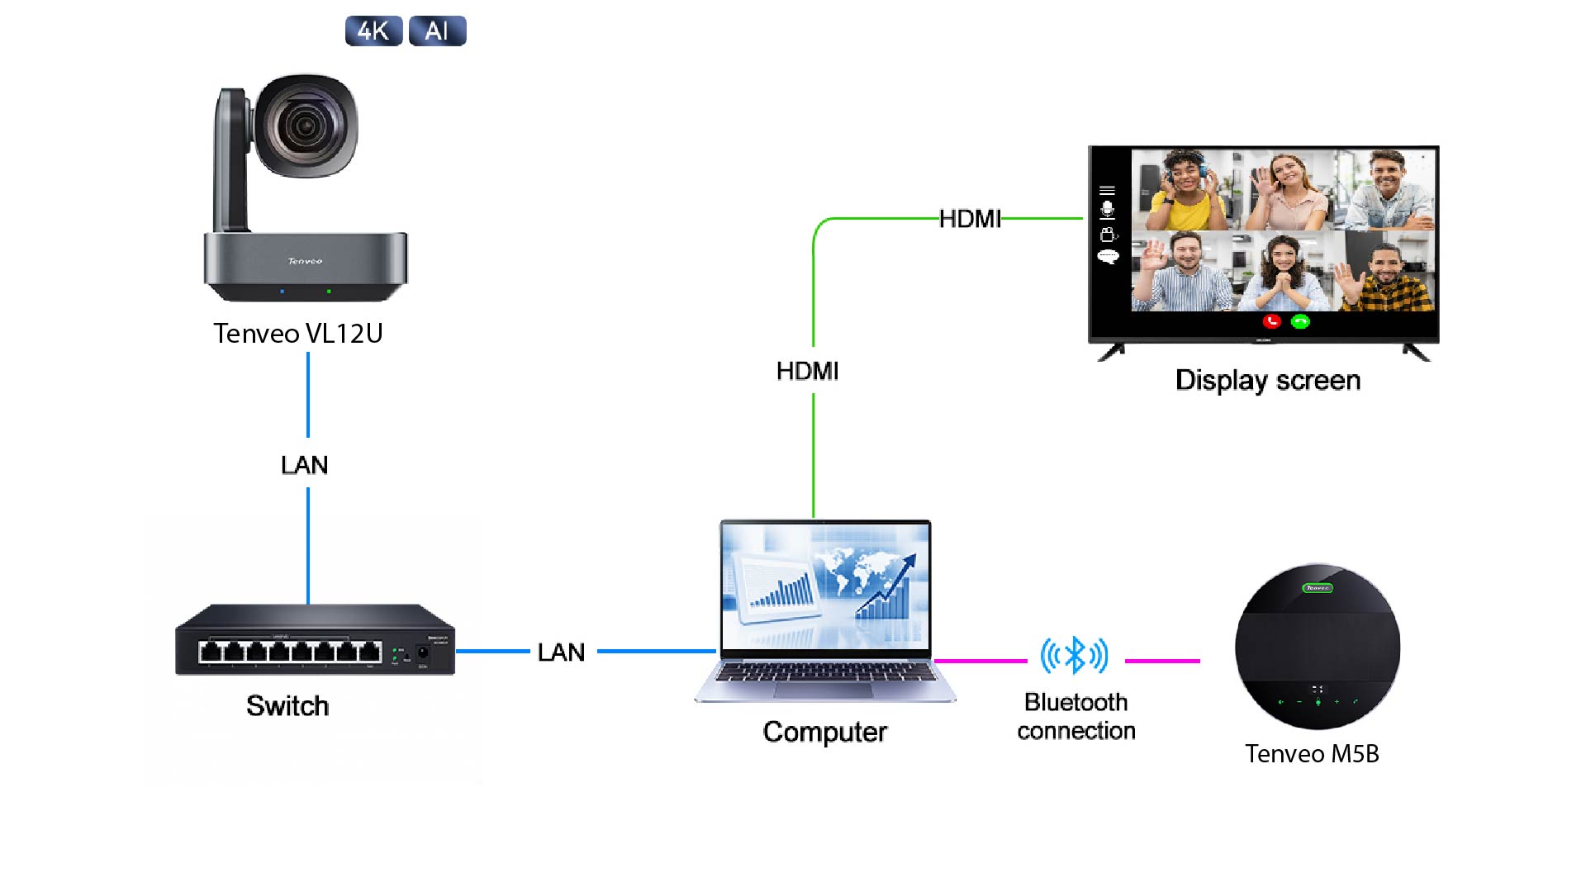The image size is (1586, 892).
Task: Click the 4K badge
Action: [373, 31]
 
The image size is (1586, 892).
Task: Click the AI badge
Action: [437, 31]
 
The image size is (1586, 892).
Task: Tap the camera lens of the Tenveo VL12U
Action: [306, 126]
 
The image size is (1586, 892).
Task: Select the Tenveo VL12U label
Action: [298, 333]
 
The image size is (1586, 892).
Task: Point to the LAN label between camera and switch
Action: [305, 465]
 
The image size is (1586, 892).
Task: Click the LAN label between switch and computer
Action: [562, 652]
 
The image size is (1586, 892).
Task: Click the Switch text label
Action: [287, 706]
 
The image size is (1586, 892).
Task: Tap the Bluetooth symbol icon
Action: [1074, 656]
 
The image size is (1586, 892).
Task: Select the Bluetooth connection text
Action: [1076, 716]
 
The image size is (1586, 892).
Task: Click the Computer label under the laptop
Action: [824, 732]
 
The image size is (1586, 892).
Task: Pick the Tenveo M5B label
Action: [1312, 754]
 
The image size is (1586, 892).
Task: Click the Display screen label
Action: [1268, 381]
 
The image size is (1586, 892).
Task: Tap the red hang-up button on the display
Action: [1272, 321]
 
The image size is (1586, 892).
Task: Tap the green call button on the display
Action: [1300, 321]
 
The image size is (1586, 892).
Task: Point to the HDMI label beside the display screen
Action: [970, 219]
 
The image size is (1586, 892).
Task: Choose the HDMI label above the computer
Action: [807, 371]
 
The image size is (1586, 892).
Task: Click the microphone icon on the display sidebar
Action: [1108, 210]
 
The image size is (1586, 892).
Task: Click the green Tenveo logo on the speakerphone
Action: [1318, 588]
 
